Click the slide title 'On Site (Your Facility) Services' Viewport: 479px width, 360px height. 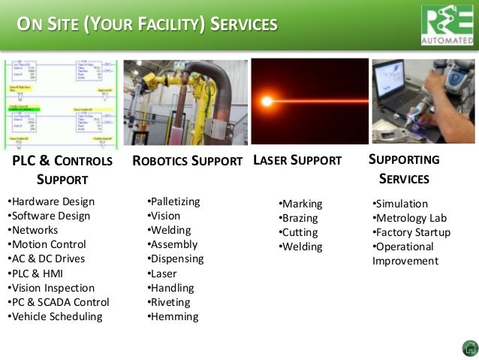148,25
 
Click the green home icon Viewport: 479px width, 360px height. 468,348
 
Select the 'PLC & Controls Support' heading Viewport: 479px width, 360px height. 62,170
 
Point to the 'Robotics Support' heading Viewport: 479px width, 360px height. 187,161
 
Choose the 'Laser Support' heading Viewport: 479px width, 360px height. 297,160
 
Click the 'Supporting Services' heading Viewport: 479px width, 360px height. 404,169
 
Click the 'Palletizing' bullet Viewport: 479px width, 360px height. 174,201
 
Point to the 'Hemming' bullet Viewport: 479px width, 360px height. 173,316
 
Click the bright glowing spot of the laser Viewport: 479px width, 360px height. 266,100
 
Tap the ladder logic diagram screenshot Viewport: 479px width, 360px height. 60,104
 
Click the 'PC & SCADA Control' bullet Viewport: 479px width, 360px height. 58,302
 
